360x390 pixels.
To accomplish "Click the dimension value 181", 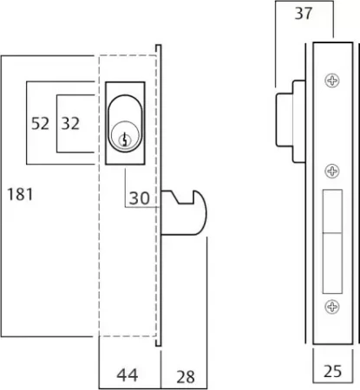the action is (x=20, y=194).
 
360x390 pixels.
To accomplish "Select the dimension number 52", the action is (x=40, y=123).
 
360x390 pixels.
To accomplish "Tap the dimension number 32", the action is (x=70, y=123).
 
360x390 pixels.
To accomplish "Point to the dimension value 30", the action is (x=140, y=198).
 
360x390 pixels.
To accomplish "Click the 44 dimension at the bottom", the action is (x=128, y=375).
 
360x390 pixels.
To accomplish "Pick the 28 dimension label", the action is (x=186, y=377).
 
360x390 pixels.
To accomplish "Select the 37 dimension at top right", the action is (x=304, y=13).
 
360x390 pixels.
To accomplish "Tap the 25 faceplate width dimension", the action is (x=332, y=371).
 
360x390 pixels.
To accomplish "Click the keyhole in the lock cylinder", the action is (x=125, y=140).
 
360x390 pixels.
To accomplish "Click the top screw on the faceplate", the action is (x=332, y=81).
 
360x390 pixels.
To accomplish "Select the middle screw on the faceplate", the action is (x=332, y=171).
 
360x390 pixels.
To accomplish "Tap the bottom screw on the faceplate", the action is (x=332, y=307).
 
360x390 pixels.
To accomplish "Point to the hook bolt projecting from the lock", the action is (x=185, y=212).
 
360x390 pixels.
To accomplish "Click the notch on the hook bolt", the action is (x=183, y=198).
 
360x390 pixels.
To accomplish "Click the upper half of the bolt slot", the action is (x=332, y=211).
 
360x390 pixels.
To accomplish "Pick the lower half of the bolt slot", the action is (x=332, y=263).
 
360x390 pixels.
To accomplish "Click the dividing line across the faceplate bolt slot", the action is (x=332, y=232).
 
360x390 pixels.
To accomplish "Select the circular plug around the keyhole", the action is (x=125, y=136).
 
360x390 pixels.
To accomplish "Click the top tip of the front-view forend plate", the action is (x=159, y=45).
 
